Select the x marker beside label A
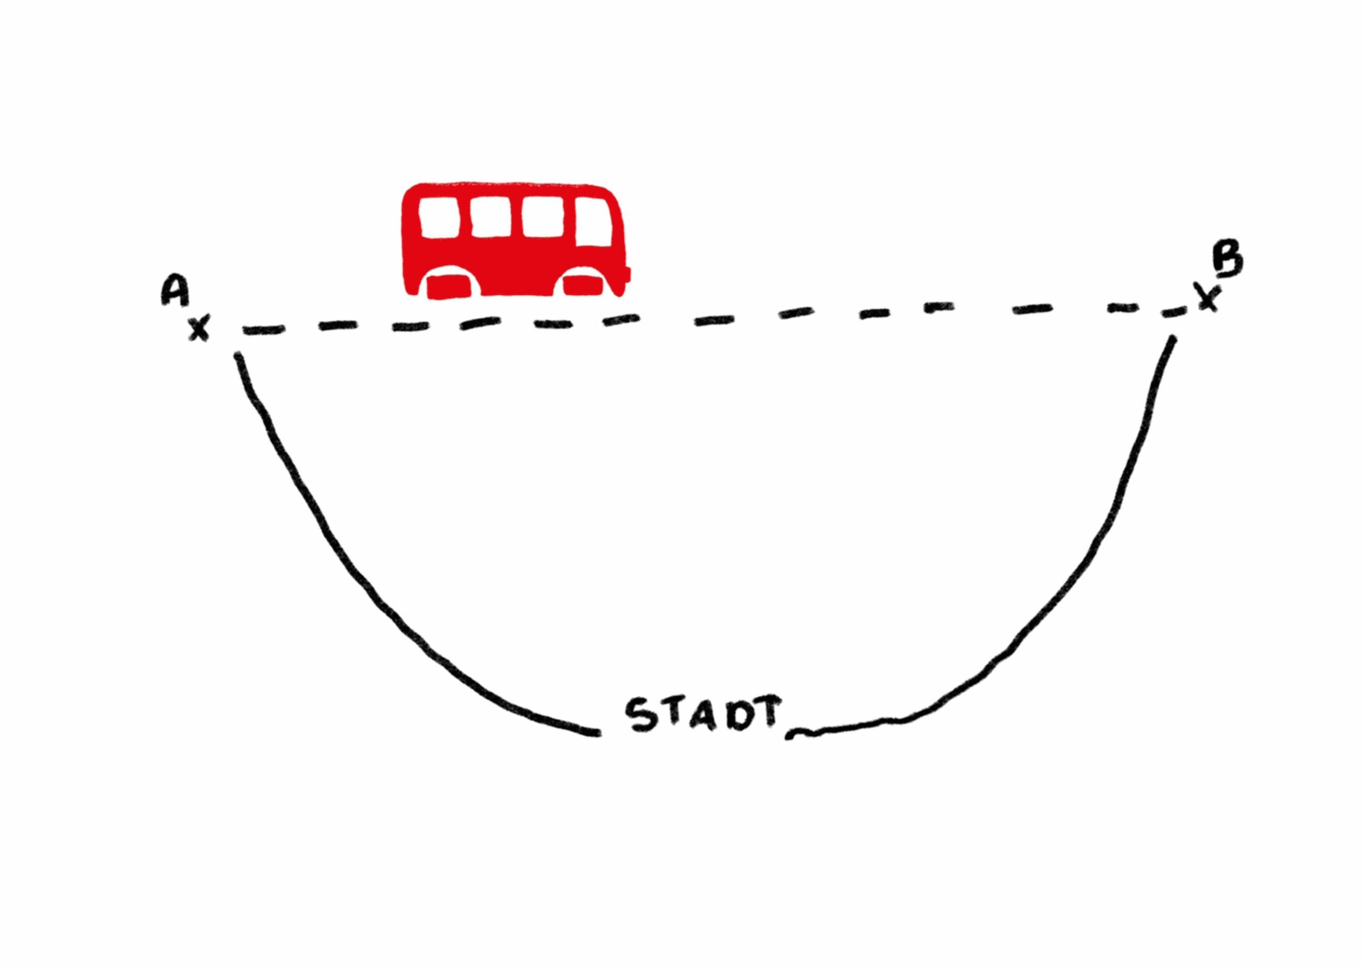click(x=199, y=329)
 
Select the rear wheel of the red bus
click(x=451, y=287)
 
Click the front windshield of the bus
click(x=594, y=221)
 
